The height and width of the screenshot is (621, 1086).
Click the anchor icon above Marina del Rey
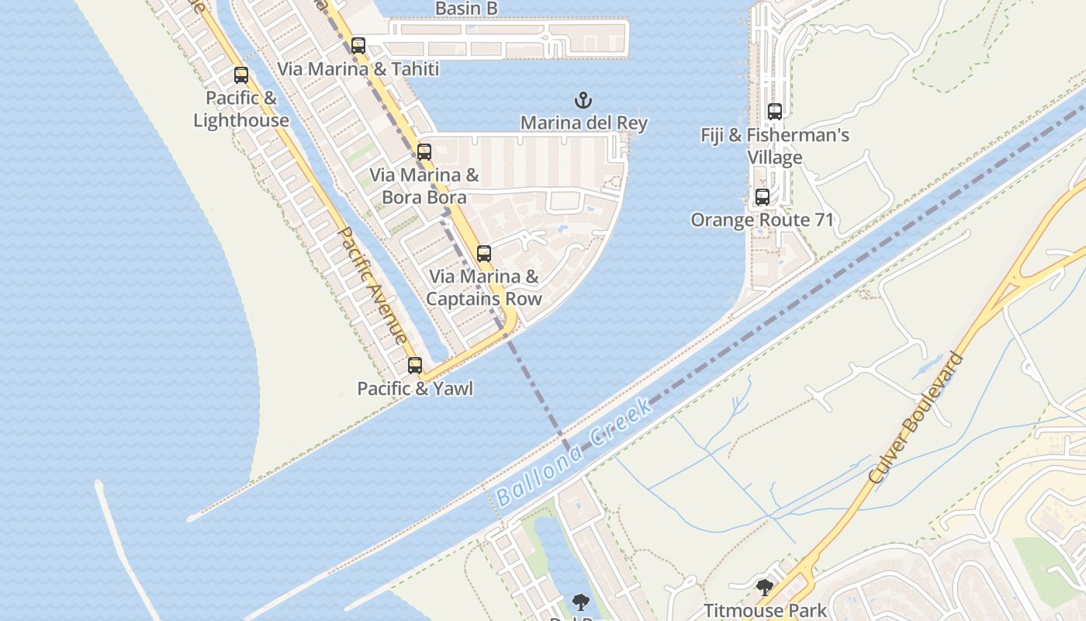583,100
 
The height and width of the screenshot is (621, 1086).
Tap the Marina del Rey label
583,123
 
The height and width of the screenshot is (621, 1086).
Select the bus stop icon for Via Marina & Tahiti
358,46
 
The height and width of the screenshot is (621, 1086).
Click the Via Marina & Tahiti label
358,68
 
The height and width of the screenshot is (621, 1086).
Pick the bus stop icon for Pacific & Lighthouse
241,75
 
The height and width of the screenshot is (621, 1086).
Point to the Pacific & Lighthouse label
241,109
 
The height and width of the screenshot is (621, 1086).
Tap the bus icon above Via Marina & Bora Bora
424,152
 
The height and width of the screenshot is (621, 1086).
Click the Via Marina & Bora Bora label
424,186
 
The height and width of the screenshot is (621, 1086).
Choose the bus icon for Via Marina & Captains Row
484,253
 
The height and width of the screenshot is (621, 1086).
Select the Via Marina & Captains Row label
484,287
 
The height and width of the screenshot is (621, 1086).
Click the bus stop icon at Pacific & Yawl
415,366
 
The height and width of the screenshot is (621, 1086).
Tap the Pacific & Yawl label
415,388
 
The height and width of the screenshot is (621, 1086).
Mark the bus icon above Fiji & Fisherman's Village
774,112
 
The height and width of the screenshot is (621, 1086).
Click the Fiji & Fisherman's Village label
775,146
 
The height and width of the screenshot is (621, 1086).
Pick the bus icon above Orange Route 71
763,197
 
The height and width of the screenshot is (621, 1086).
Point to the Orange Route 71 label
763,220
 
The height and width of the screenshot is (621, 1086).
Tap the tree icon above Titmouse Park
765,588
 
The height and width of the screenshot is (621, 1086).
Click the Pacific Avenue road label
373,285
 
